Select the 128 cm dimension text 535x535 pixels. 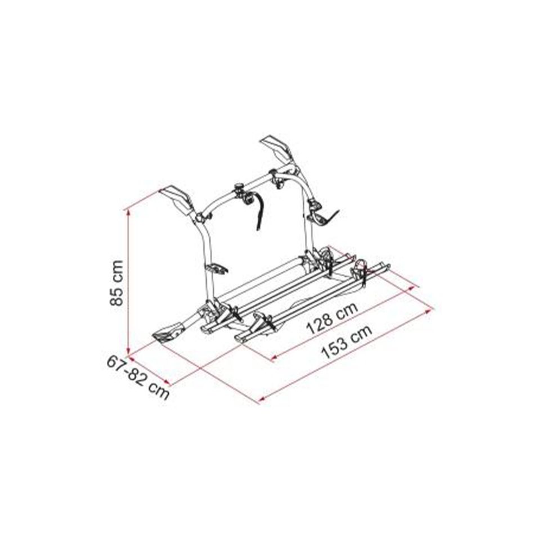click(332, 318)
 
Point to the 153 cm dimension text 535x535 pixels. click(347, 342)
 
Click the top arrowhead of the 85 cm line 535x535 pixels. click(128, 212)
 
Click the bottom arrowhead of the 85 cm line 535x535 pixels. click(128, 352)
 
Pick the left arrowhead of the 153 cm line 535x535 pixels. click(262, 399)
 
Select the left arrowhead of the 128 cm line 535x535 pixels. click(273, 358)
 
